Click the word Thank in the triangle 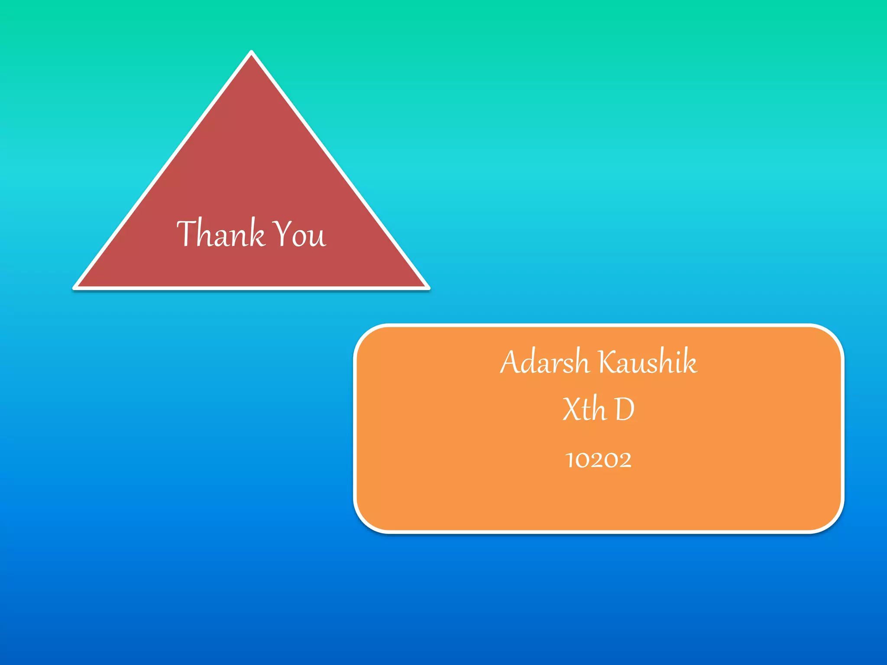[x=220, y=233]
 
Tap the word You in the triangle [x=300, y=234]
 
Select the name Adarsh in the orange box [x=544, y=362]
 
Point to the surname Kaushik [x=648, y=362]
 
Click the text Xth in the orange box [x=584, y=409]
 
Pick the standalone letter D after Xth [x=625, y=410]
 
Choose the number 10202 [x=599, y=460]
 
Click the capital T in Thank [x=186, y=233]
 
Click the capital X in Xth [x=572, y=409]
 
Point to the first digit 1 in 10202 [x=569, y=460]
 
